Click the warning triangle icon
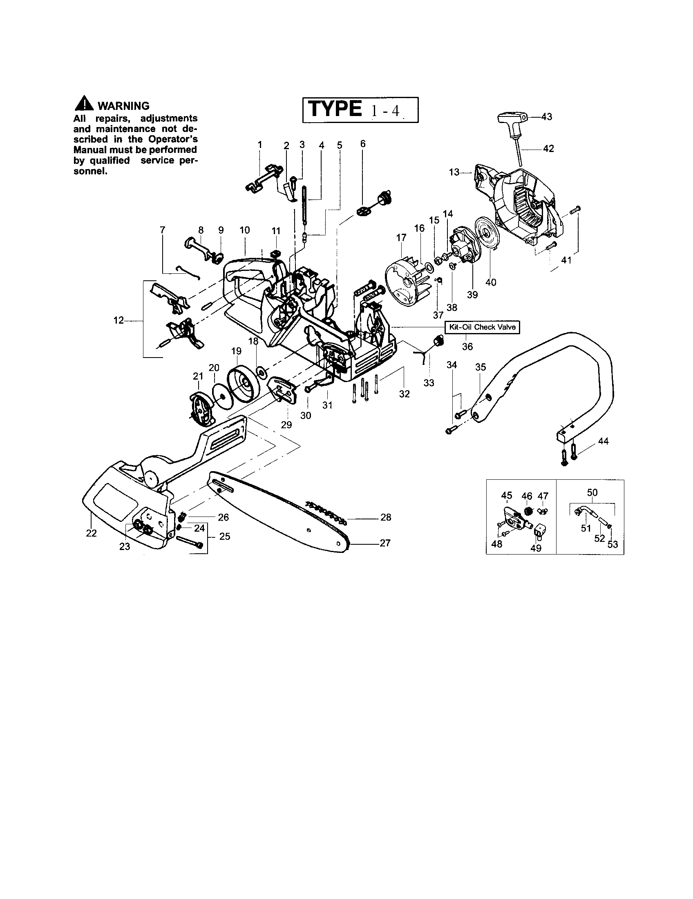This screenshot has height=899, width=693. pyautogui.click(x=84, y=103)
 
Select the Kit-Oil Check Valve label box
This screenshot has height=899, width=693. pyautogui.click(x=482, y=327)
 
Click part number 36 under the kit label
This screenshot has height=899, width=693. pyautogui.click(x=467, y=347)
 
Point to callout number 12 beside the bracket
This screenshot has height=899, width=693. pyautogui.click(x=118, y=320)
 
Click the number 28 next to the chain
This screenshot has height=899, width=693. pyautogui.click(x=386, y=517)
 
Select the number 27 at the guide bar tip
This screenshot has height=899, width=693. pyautogui.click(x=385, y=543)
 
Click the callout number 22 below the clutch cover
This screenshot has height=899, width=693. pyautogui.click(x=92, y=533)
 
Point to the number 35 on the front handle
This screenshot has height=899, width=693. pyautogui.click(x=481, y=367)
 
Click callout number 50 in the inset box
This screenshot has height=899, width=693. pyautogui.click(x=592, y=492)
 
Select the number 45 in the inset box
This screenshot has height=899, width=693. pyautogui.click(x=507, y=496)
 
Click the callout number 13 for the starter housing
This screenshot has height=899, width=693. pyautogui.click(x=454, y=172)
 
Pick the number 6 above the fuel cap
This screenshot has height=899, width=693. pyautogui.click(x=362, y=144)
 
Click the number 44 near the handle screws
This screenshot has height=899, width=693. pyautogui.click(x=603, y=441)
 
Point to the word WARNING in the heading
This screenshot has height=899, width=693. pyautogui.click(x=123, y=106)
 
